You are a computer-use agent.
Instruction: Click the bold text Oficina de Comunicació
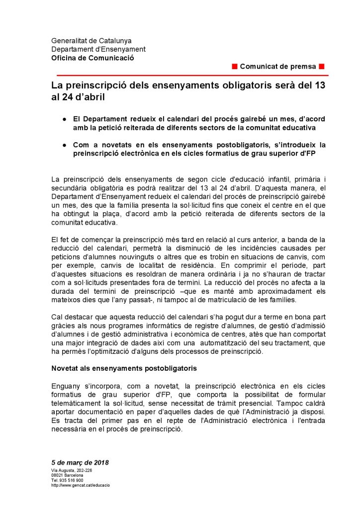coord(92,58)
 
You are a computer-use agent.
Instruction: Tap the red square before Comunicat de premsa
coord(235,67)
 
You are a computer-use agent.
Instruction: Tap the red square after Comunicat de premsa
coord(322,67)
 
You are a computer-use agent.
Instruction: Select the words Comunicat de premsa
coord(278,67)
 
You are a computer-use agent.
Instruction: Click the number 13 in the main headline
coord(320,85)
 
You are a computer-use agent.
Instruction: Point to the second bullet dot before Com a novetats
coord(65,145)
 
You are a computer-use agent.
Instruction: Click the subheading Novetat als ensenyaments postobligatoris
coord(124,368)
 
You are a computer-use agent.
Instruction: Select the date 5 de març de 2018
coord(80,463)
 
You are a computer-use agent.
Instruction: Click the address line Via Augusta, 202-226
coord(72,470)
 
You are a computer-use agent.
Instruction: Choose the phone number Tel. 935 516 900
coord(67,480)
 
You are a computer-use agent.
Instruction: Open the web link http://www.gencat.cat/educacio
coord(81,485)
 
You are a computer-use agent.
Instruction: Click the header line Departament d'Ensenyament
coord(98,49)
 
